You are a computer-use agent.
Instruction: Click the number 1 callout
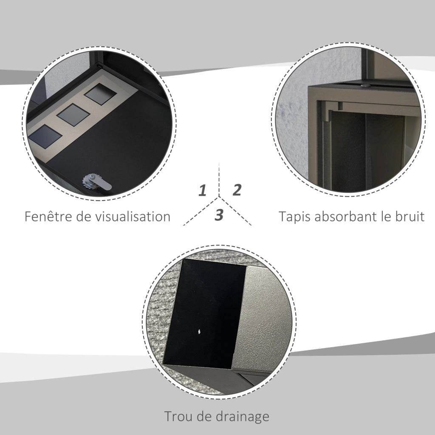point(203,190)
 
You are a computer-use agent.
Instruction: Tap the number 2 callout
point(237,190)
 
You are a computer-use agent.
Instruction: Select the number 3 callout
point(219,215)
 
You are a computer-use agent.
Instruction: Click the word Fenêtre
point(49,216)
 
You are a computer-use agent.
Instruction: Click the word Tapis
point(295,217)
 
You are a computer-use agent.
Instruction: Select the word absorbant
point(346,216)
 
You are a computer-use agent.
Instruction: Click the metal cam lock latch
point(97,182)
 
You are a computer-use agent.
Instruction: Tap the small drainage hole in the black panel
point(200,331)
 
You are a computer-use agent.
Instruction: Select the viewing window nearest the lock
point(45,136)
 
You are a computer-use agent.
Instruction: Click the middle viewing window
point(73,115)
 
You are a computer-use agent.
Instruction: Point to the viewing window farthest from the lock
point(100,94)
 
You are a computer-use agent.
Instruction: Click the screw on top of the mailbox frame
point(364,86)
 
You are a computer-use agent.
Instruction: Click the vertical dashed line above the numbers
point(219,179)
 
